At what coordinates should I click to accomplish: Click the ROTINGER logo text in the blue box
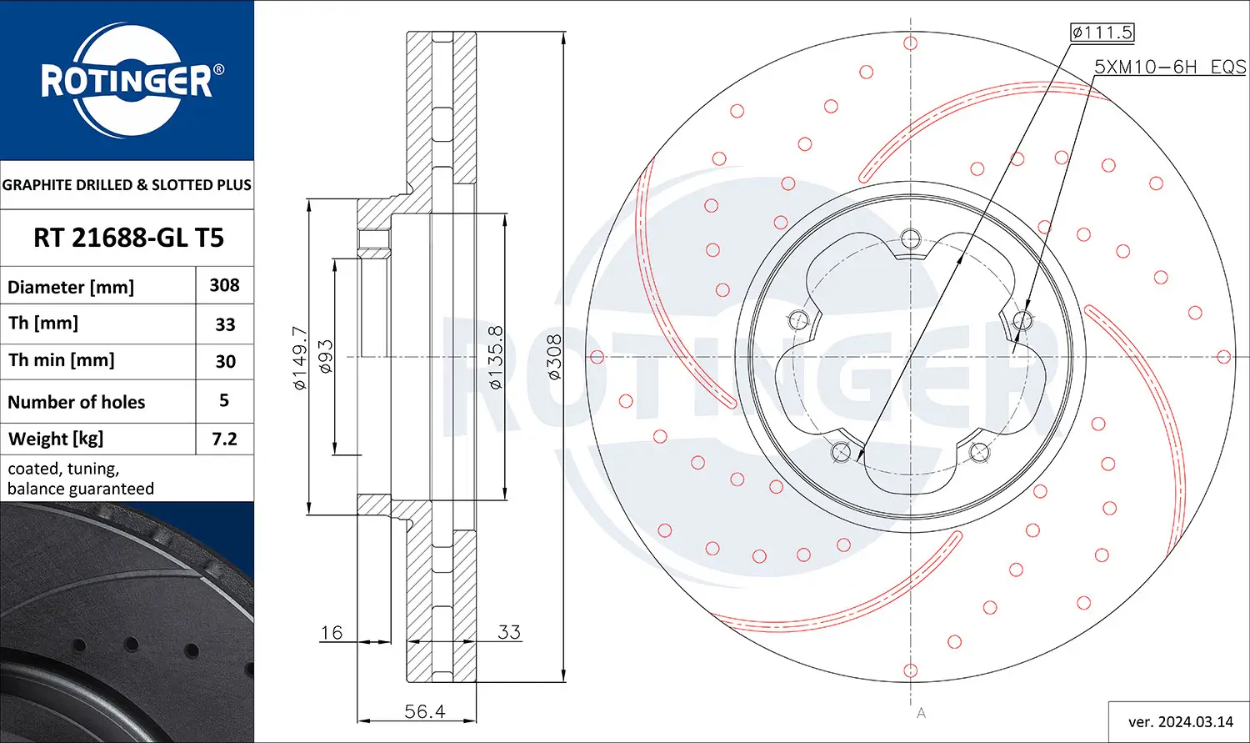tap(127, 81)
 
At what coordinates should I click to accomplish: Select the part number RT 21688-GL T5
tap(128, 238)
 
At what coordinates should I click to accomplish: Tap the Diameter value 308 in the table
tap(224, 285)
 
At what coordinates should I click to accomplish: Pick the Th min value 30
tap(225, 361)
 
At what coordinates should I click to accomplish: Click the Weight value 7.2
tap(224, 439)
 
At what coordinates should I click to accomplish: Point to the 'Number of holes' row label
tap(76, 402)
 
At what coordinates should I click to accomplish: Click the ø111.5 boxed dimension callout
tap(1102, 33)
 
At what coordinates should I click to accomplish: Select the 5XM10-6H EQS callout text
tap(1169, 67)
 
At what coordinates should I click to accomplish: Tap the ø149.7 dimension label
tap(300, 358)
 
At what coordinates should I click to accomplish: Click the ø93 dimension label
tap(326, 356)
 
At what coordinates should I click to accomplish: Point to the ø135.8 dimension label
tap(495, 358)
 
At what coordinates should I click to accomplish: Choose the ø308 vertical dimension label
tap(554, 358)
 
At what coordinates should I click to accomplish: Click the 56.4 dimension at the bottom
tap(424, 711)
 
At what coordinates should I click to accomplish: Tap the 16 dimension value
tap(331, 633)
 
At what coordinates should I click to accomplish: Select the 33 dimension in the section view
tap(508, 632)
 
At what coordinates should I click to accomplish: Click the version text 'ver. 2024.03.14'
tap(1180, 721)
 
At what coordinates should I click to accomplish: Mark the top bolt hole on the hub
tap(911, 238)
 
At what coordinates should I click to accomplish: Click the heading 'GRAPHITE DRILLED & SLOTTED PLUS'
tap(127, 185)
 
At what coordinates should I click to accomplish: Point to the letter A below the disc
tap(921, 713)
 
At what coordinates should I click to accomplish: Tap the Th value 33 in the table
tap(225, 324)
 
